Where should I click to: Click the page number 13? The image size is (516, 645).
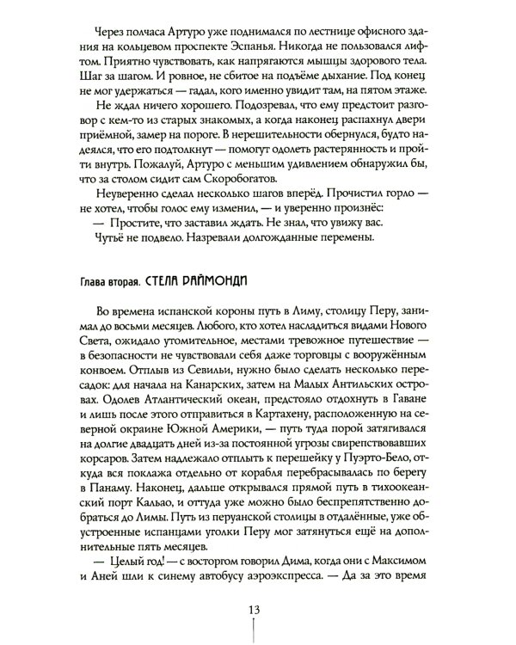(x=258, y=610)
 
